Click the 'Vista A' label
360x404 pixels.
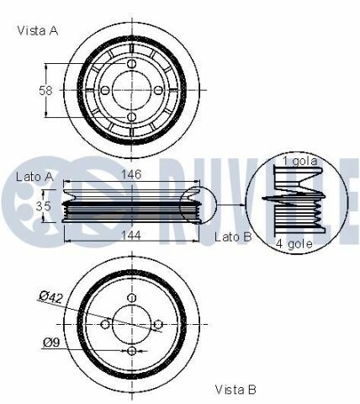(x=38, y=30)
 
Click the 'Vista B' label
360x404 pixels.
(x=235, y=389)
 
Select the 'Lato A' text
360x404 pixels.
(x=34, y=178)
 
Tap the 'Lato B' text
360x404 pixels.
(x=233, y=238)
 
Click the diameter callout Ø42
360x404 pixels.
(x=50, y=295)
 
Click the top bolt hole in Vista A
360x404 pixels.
(x=132, y=61)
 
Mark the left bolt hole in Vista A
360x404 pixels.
(x=104, y=89)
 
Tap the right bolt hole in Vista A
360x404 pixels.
(x=159, y=89)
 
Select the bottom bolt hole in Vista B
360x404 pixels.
(x=132, y=350)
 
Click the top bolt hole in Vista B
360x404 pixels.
(x=132, y=298)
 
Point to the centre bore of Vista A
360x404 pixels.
(x=132, y=89)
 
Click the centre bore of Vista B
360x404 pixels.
(x=132, y=324)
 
